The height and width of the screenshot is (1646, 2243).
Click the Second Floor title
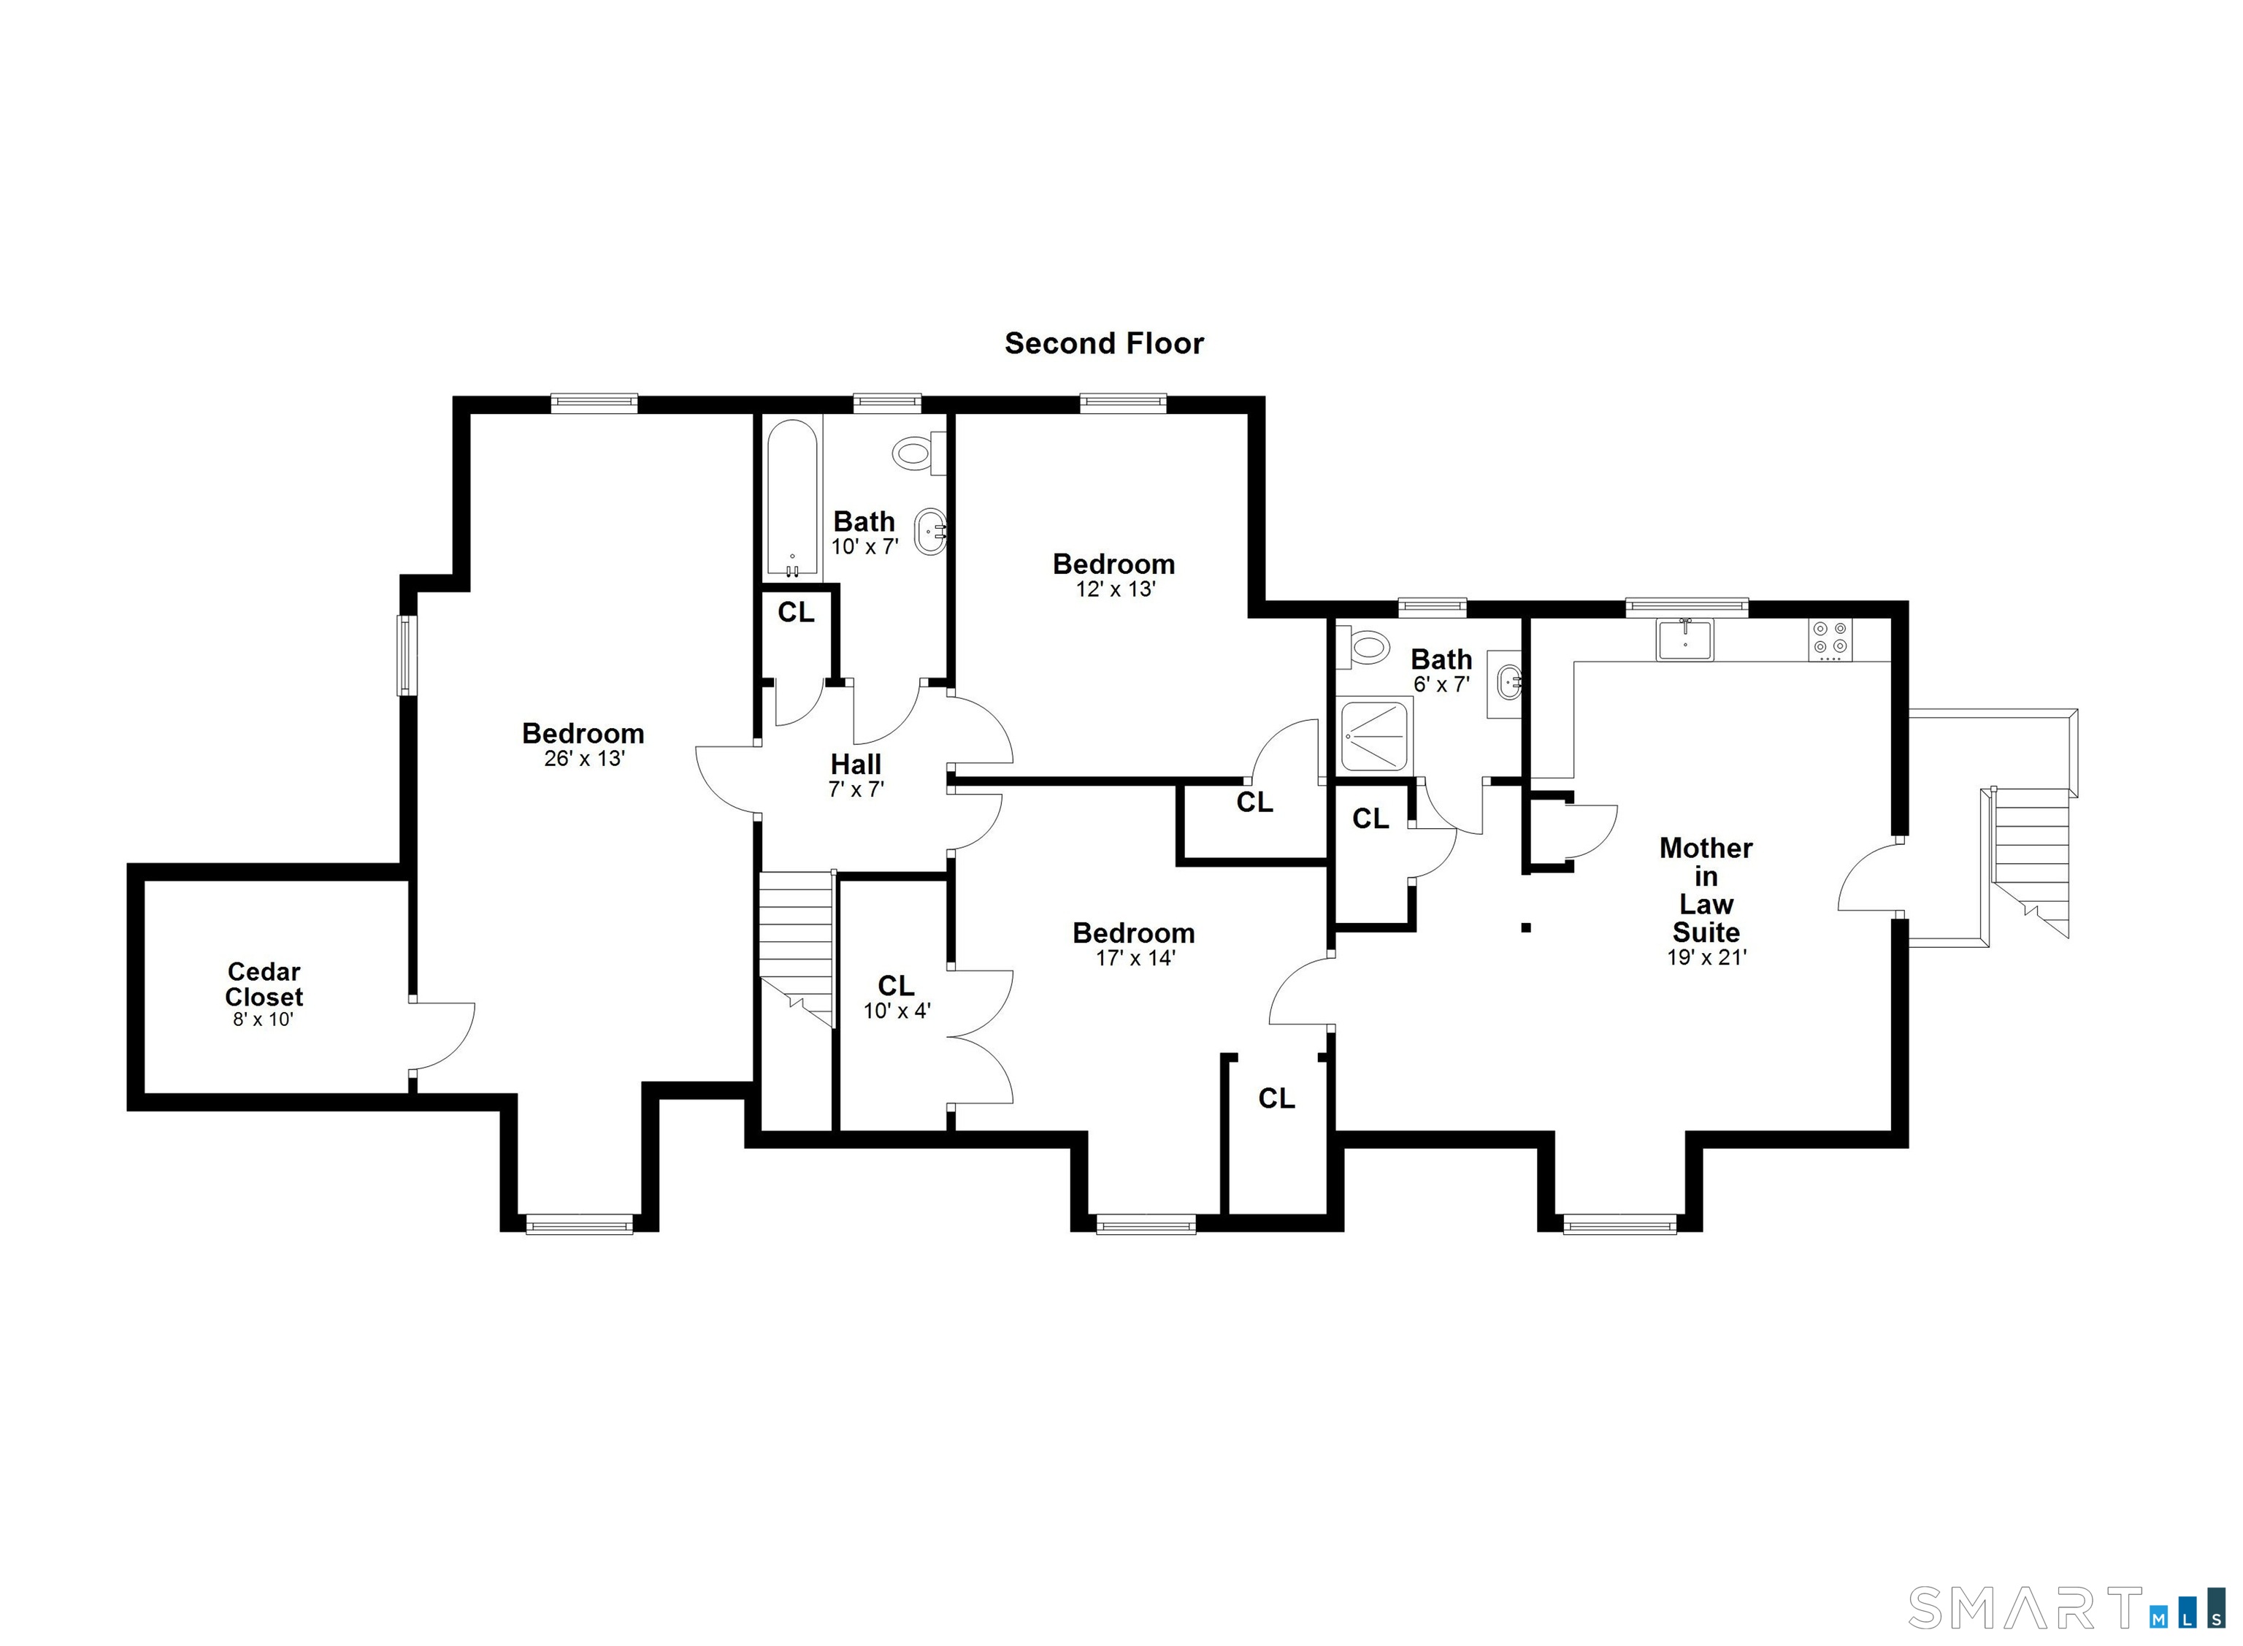click(x=1103, y=344)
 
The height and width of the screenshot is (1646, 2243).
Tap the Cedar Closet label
click(x=264, y=984)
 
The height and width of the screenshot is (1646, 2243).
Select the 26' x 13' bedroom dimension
click(x=583, y=758)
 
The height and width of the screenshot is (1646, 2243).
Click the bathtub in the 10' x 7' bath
click(x=791, y=498)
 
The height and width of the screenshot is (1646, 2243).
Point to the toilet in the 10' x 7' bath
click(x=916, y=454)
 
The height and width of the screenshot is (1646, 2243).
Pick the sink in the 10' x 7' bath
click(x=931, y=531)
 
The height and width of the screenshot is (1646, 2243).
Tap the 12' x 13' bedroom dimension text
click(x=1114, y=589)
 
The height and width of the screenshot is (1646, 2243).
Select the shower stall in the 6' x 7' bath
click(x=1374, y=735)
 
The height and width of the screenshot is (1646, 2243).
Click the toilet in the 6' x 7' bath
click(x=1362, y=648)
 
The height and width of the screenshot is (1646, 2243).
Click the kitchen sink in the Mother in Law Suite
click(x=1684, y=639)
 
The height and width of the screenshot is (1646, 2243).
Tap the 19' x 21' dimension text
click(x=1707, y=957)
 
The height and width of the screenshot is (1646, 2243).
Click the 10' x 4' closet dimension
click(x=897, y=1011)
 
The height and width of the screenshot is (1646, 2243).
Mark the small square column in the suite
click(x=1525, y=927)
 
